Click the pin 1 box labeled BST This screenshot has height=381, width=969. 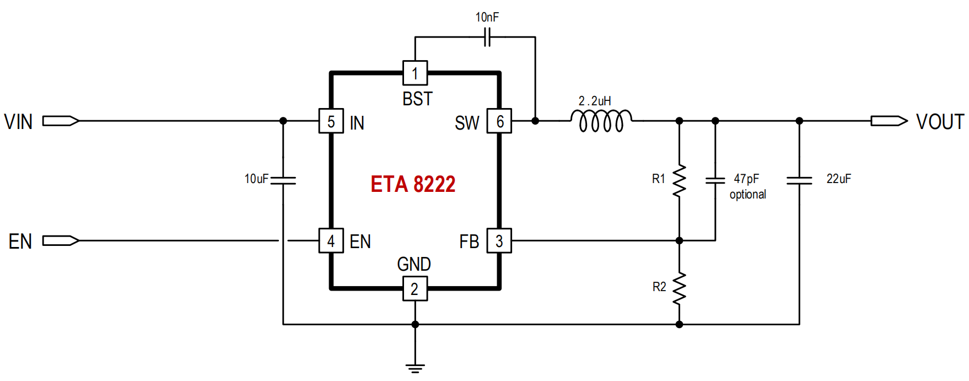coord(415,73)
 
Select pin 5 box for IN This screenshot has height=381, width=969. coord(331,121)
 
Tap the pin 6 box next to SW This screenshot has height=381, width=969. coord(499,121)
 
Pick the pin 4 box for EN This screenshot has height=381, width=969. coord(331,240)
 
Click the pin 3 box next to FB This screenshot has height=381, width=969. coord(499,240)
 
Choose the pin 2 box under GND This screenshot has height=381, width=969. coord(415,288)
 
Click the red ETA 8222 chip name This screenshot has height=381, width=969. coord(413,184)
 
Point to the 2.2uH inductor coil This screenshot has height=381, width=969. coord(601,121)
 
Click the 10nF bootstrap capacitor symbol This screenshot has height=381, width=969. coord(487,37)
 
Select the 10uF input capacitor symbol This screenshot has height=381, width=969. coord(283,180)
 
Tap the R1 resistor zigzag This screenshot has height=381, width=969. coord(680,180)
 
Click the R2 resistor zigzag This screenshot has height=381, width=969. coord(680,288)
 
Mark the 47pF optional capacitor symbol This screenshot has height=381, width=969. coord(715,180)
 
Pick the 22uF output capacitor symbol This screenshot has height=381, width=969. coord(799,180)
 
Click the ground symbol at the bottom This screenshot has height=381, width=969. coord(415,368)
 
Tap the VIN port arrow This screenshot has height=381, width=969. coord(61,121)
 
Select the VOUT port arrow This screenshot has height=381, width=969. coord(889,121)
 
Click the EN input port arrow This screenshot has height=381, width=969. coord(61,240)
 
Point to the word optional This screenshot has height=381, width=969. coord(748,195)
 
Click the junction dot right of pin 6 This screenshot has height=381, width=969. coord(535,121)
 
